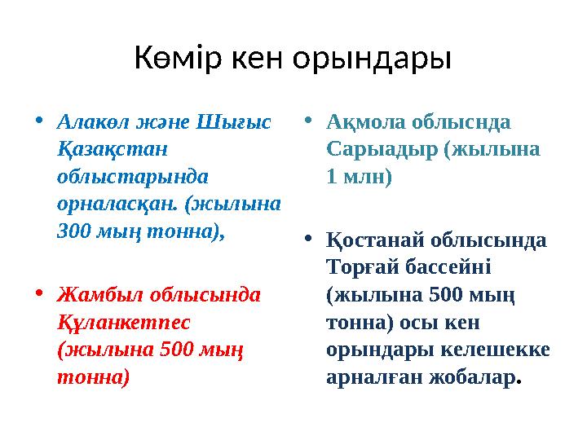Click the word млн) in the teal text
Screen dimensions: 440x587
366,177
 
